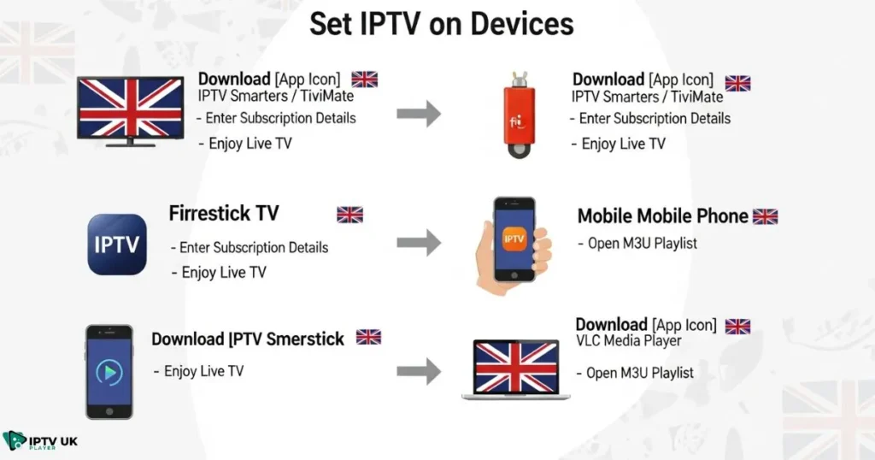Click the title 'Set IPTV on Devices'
point(441,23)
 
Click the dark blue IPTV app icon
point(117,245)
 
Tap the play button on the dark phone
point(109,372)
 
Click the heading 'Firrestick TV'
point(224,213)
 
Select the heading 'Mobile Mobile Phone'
point(662,216)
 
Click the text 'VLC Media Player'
point(628,341)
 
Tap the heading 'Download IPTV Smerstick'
point(248,339)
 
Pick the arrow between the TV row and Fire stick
point(419,114)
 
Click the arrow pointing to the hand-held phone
point(419,243)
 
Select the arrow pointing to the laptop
point(419,371)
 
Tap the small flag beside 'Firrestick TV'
point(349,215)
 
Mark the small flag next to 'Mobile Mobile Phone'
point(765,216)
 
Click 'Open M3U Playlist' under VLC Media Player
point(639,373)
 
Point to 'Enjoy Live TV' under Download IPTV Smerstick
point(203,371)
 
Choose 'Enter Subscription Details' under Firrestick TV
point(254,248)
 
